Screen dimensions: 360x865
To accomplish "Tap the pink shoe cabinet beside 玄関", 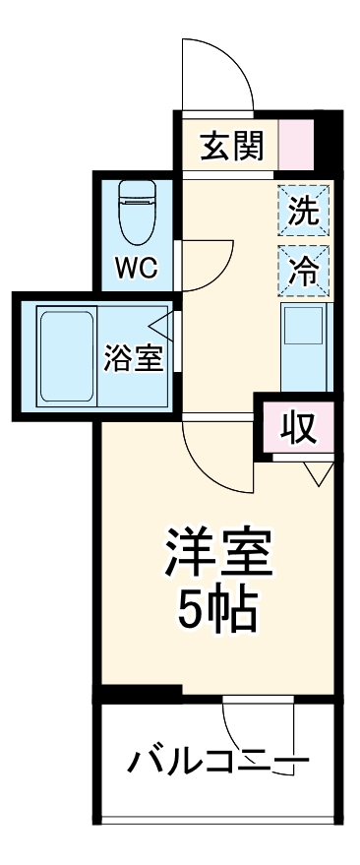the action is tap(294, 146).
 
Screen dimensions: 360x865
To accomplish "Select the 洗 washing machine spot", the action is tap(303, 211).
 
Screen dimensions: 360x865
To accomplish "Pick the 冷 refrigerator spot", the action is tap(303, 269).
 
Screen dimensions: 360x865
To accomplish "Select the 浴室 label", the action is tap(133, 358).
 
